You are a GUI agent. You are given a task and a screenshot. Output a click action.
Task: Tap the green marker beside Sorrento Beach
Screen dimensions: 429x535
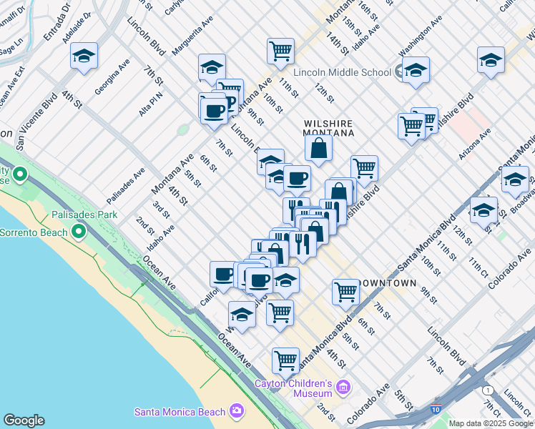(78, 232)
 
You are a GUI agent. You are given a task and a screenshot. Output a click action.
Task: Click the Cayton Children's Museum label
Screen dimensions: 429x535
(294, 388)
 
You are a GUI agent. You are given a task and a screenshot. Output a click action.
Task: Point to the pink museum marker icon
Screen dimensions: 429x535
(343, 388)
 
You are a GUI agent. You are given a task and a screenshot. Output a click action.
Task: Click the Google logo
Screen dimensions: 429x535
(24, 420)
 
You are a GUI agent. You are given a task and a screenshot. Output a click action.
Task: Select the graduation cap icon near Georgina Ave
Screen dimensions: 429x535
(84, 56)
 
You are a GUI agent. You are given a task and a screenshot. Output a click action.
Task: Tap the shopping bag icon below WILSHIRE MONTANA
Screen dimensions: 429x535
(318, 148)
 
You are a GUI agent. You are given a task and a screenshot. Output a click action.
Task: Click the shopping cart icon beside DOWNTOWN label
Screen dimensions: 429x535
(345, 291)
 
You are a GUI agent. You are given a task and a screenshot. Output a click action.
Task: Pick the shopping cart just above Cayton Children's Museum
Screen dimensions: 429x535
(285, 360)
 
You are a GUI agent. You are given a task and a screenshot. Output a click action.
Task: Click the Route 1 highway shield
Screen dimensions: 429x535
(488, 390)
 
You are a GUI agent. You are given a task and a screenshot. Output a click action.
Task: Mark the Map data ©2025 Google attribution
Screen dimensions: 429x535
(491, 423)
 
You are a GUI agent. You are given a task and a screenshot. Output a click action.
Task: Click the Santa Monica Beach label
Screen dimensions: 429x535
(180, 411)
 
